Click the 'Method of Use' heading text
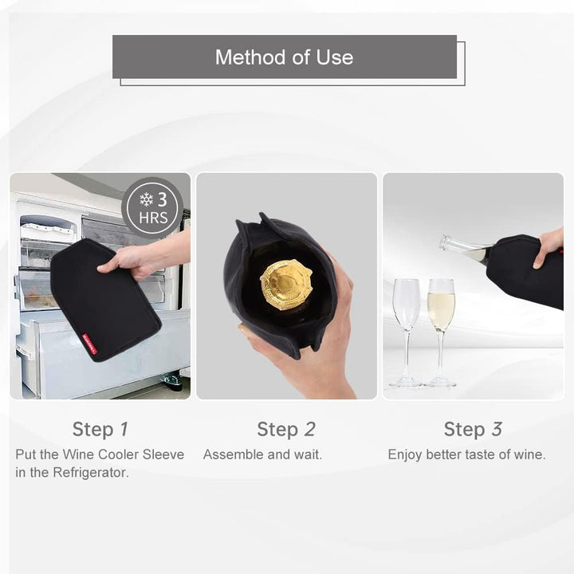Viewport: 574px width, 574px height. pos(284,57)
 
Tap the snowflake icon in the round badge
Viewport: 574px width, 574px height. pos(146,199)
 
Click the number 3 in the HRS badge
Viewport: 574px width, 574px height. pos(162,199)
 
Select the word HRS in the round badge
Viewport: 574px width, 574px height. pos(153,218)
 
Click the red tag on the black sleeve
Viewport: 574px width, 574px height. pos(89,342)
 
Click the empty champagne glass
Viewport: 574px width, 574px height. pos(407,332)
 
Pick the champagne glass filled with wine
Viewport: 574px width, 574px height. pos(441,332)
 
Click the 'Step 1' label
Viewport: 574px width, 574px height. pos(100,429)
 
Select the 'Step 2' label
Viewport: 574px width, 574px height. pos(286,429)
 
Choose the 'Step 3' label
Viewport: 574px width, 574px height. pos(473,429)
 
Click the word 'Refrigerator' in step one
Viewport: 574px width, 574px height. pos(91,473)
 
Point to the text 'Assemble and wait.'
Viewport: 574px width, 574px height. pos(262,454)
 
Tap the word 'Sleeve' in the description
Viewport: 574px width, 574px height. pos(163,454)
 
